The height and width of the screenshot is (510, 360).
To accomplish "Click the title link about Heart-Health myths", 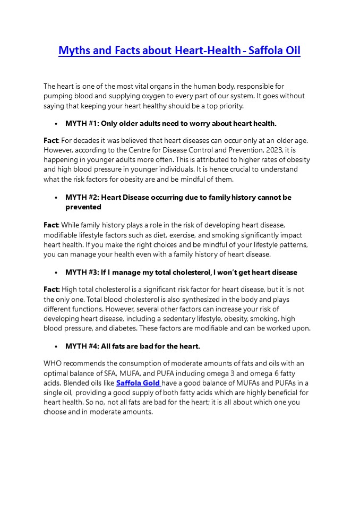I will pos(179,51).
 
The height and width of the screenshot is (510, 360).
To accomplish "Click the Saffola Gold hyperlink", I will pos(138,382).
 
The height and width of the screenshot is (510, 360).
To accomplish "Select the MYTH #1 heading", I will pos(170,123).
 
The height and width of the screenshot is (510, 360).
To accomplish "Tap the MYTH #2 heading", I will pos(178,197).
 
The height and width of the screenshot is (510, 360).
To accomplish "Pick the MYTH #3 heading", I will pos(181,272).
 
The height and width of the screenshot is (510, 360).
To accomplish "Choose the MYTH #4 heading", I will pos(132,346).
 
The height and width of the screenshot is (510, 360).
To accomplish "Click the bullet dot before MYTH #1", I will pos(56,124).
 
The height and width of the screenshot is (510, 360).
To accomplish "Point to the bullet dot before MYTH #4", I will pos(56,346).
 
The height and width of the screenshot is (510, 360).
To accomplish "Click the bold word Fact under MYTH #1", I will pos(51,140).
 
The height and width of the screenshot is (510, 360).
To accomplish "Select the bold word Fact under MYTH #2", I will pos(51,225).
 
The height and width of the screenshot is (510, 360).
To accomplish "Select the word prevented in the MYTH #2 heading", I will pos(83,207).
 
